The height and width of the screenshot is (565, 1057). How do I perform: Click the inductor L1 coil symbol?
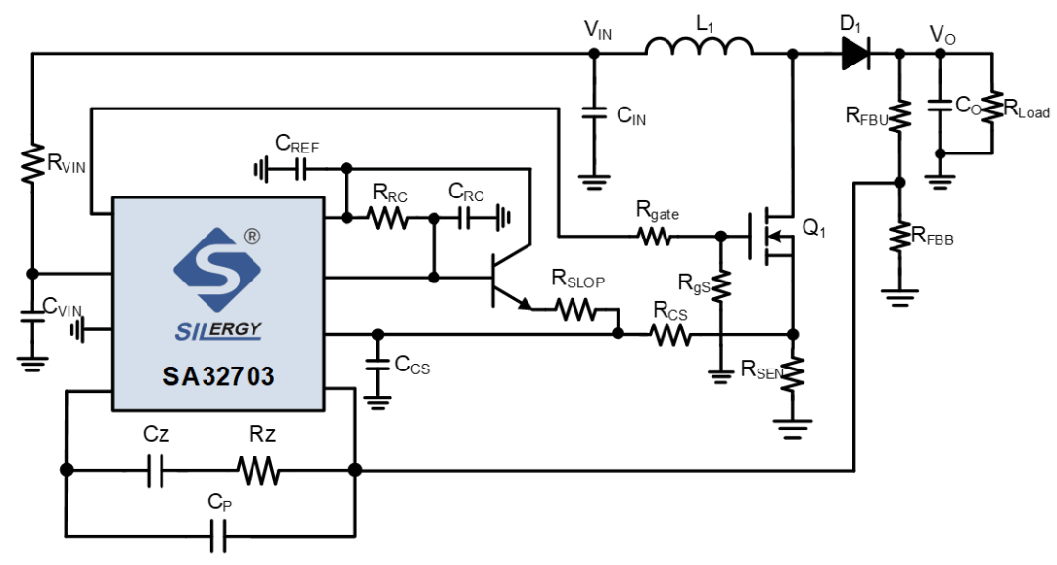699,46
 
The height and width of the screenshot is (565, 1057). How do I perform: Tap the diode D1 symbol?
855,53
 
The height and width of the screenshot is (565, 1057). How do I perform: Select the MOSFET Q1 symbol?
771,237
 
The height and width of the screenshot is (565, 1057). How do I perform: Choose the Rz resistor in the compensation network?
258,470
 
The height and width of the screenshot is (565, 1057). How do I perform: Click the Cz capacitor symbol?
155,470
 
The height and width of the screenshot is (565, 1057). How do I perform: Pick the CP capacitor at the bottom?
218,536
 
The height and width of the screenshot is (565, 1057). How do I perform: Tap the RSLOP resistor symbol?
575,309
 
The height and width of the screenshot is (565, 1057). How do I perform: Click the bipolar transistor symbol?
509,276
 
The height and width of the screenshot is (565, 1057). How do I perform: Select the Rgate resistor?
654,237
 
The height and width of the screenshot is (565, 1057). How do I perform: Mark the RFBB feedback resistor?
899,237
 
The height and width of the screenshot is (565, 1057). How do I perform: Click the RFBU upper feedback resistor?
899,114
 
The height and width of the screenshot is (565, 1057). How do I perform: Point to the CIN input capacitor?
594,113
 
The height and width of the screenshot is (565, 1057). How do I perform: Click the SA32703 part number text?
218,376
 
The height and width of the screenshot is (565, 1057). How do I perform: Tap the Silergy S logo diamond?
217,270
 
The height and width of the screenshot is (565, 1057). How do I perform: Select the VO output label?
942,34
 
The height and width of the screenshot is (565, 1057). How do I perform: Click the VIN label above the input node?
598,29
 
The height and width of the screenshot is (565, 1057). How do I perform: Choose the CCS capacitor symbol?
378,365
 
